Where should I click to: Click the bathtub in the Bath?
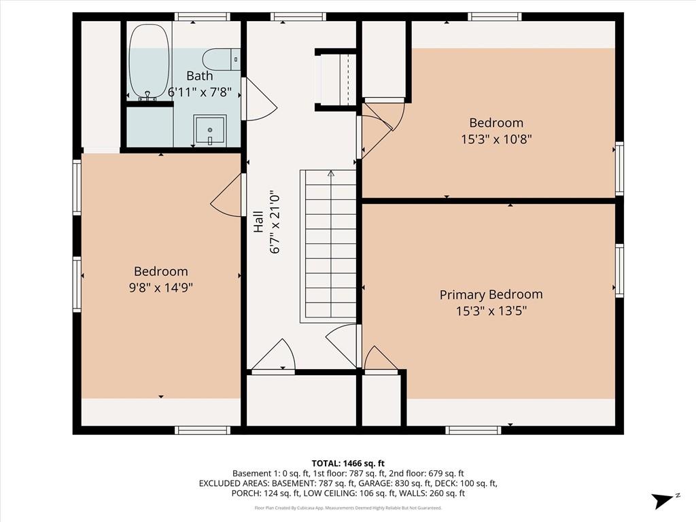(149, 61)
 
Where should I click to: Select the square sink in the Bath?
(209, 129)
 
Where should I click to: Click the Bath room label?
(199, 75)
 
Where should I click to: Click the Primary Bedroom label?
(491, 294)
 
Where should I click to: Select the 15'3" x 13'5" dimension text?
(491, 311)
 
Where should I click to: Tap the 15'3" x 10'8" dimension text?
(496, 139)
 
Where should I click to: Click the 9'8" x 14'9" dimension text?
(161, 288)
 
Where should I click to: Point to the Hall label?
(259, 222)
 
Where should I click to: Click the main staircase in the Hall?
(330, 245)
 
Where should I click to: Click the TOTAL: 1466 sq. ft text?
(348, 463)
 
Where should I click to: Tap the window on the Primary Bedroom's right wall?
(619, 271)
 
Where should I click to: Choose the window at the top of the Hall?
(298, 16)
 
